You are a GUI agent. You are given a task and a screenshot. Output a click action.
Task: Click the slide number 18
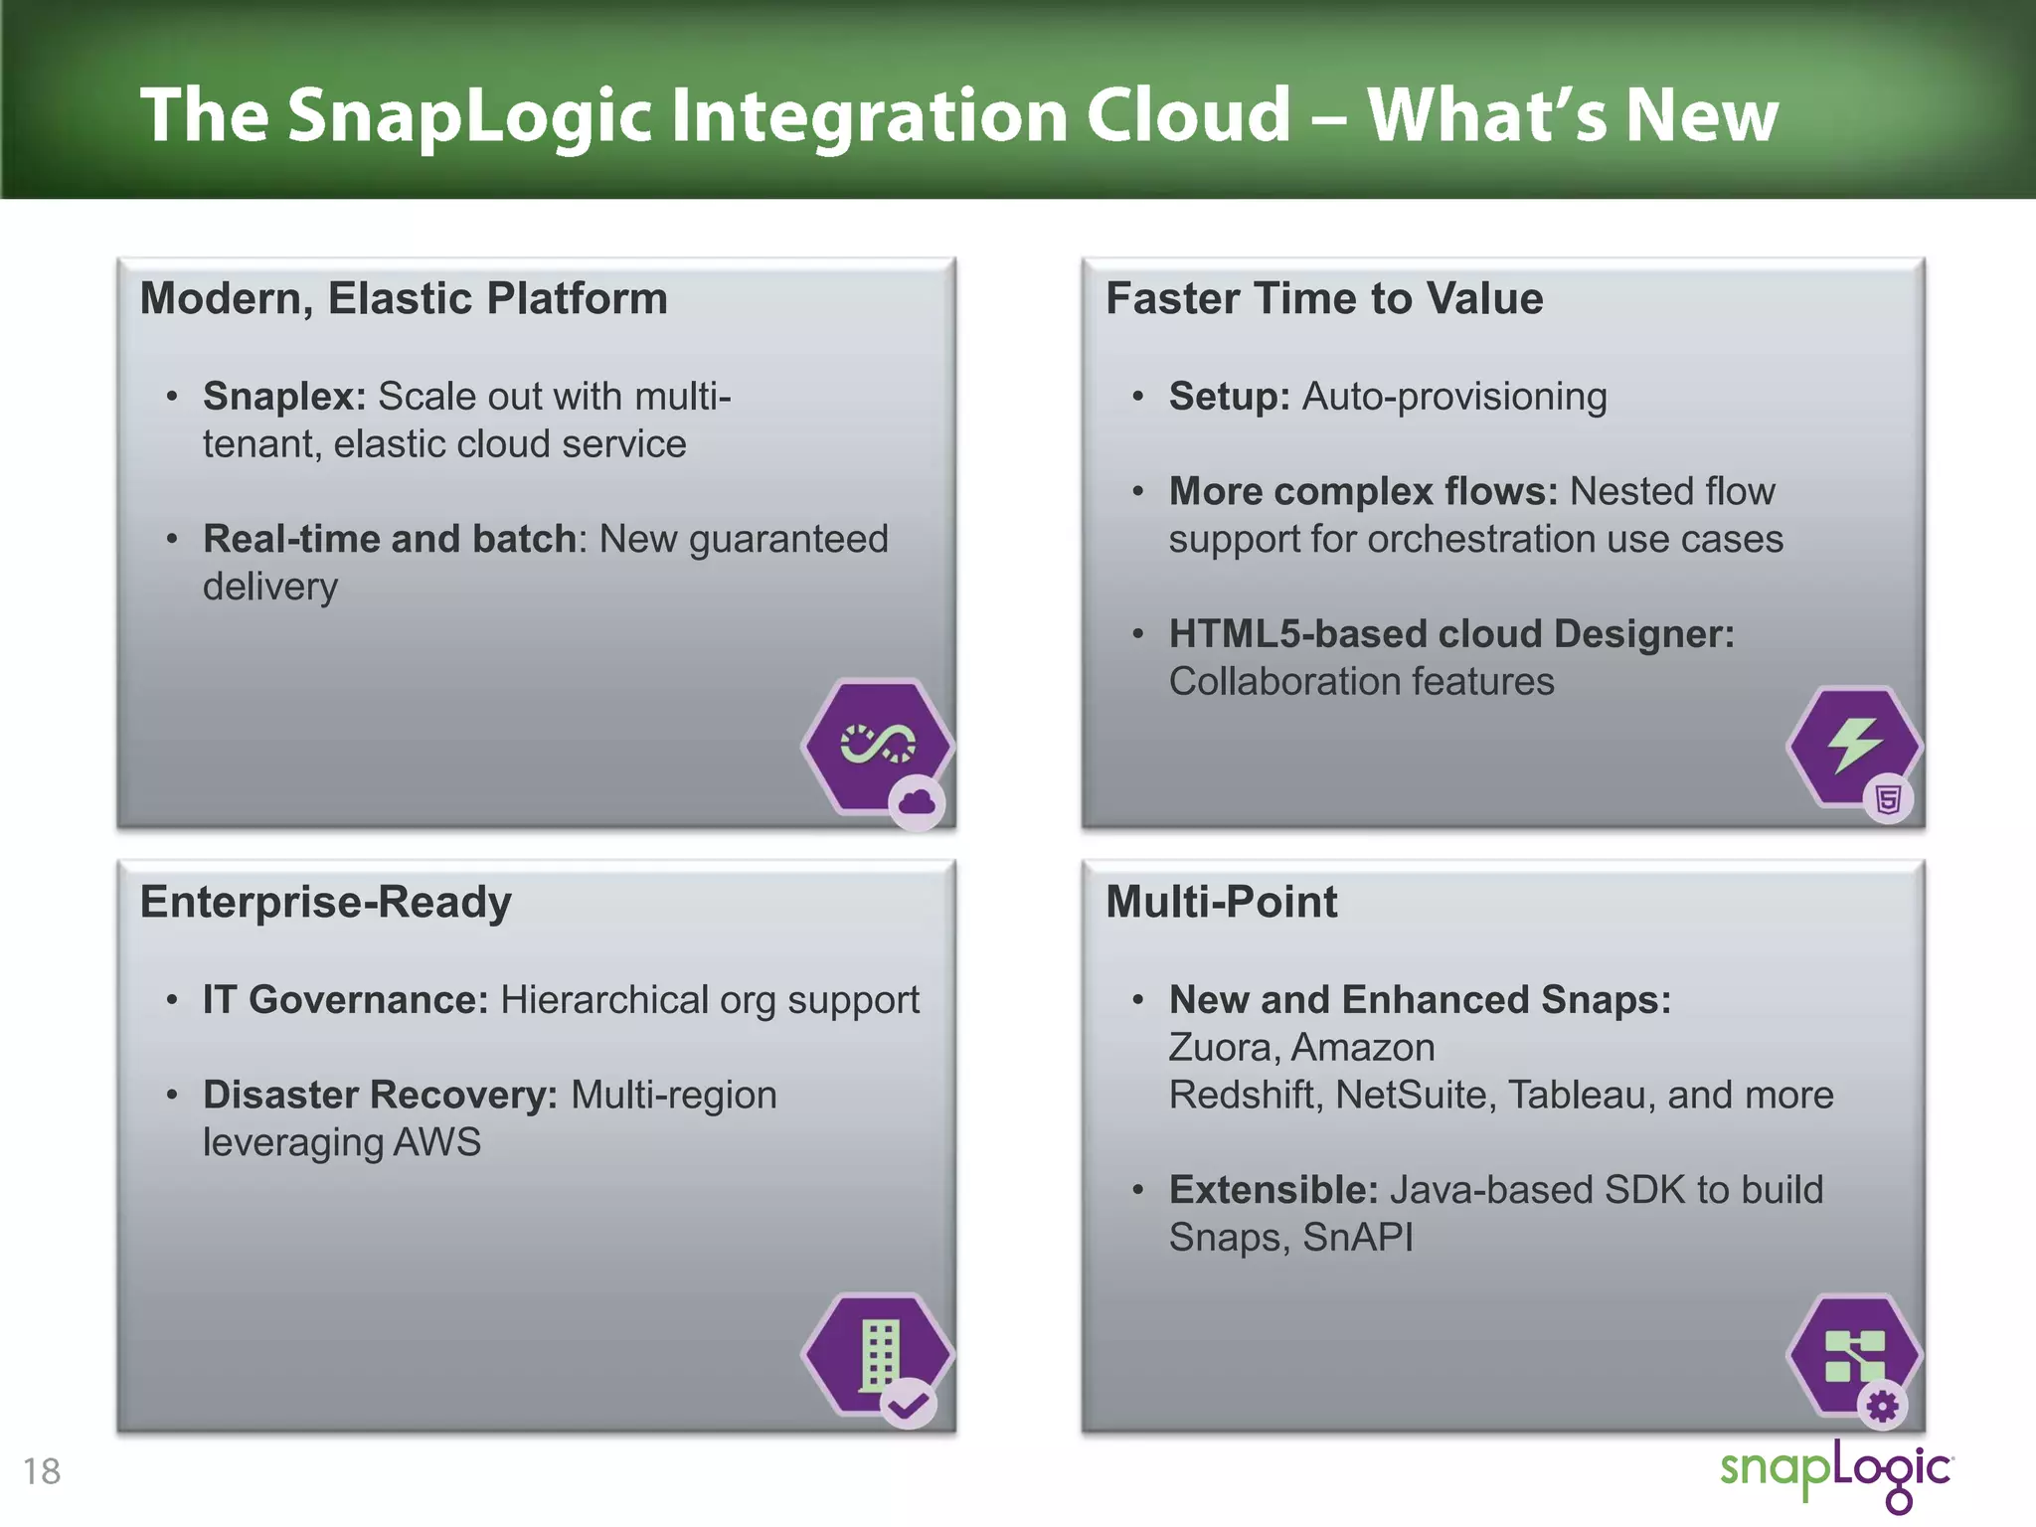[42, 1471]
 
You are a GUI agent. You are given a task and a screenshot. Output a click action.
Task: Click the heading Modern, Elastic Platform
[404, 298]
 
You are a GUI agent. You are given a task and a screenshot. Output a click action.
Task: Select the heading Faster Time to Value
[1324, 298]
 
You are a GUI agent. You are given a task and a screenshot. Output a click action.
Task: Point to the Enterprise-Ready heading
[325, 902]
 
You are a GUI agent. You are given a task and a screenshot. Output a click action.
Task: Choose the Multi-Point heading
[1221, 902]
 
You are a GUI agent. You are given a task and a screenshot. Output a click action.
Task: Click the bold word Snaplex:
[284, 396]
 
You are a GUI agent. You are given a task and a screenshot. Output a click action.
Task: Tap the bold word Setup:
[1229, 396]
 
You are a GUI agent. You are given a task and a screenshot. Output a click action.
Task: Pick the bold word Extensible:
[1272, 1190]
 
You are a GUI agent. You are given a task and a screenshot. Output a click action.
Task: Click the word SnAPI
[1357, 1238]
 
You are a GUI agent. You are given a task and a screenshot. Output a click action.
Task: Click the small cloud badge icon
[917, 801]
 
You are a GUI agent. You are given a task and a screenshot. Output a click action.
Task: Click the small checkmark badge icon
[908, 1404]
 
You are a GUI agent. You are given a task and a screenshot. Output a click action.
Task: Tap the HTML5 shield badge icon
[1888, 798]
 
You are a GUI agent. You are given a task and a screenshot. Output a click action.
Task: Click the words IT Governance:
[345, 999]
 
